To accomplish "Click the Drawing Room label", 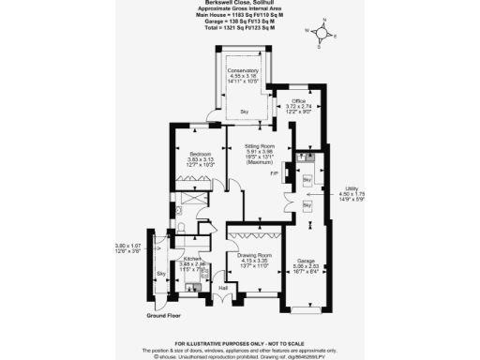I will (x=252, y=255).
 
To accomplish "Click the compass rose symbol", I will (x=322, y=35).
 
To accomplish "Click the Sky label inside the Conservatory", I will (x=243, y=112).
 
